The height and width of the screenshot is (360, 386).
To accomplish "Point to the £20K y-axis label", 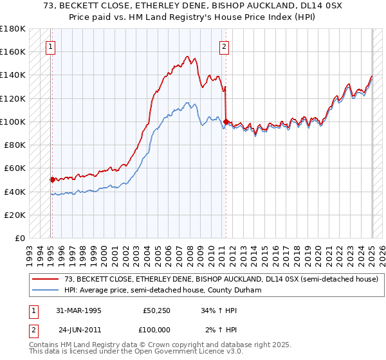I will coord(14,215).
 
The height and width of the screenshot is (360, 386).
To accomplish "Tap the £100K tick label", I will coord(12,122).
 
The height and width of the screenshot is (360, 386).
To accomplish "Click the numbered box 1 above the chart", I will coord(50,46).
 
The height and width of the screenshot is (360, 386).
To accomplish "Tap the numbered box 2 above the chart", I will coord(224,46).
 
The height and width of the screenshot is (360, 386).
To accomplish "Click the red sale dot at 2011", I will coord(226,121).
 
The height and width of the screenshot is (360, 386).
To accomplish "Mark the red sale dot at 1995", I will coord(52,179).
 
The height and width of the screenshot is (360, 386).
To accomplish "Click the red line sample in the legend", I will coord(47,279).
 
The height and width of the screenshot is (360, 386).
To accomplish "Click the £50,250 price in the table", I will coord(157,310).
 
